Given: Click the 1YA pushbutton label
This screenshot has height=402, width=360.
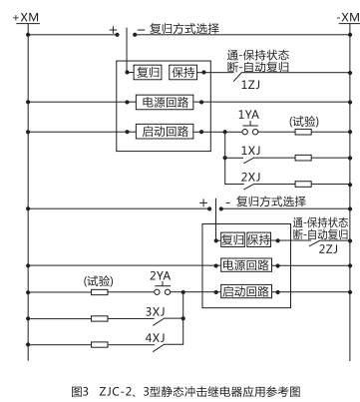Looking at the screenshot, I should [248, 116].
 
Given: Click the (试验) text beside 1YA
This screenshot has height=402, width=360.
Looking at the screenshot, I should [304, 120].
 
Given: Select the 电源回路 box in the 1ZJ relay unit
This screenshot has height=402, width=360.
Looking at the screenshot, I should [164, 101].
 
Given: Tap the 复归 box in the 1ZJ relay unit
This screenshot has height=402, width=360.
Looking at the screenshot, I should [149, 72].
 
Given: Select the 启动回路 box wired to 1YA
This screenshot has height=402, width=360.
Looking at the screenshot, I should [164, 131].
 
